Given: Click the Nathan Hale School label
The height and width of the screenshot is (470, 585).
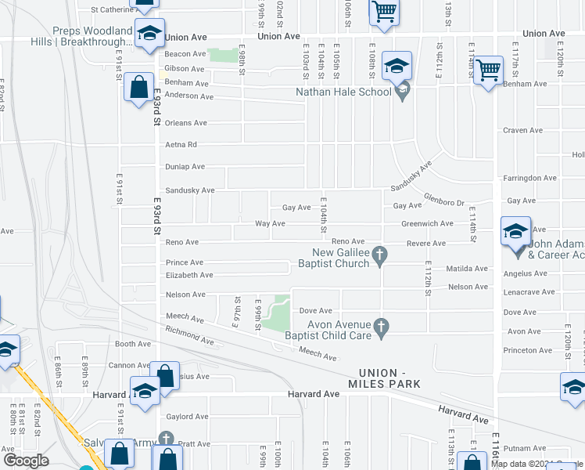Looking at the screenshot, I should pyautogui.click(x=343, y=92).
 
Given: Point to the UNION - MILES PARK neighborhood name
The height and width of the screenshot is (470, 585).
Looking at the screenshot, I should pyautogui.click(x=389, y=378).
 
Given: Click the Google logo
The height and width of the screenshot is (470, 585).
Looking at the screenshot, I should pyautogui.click(x=26, y=460).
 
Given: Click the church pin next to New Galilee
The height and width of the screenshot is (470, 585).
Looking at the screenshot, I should pyautogui.click(x=380, y=254).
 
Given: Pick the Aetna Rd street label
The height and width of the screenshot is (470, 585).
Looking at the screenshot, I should pyautogui.click(x=181, y=145).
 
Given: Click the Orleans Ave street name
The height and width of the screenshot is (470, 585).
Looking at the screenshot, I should pyautogui.click(x=185, y=123).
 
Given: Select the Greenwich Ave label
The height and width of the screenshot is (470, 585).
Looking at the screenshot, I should pyautogui.click(x=427, y=223).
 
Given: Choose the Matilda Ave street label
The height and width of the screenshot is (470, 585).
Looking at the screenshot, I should pyautogui.click(x=467, y=269).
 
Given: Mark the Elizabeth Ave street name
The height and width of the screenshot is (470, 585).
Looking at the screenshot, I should pyautogui.click(x=188, y=275).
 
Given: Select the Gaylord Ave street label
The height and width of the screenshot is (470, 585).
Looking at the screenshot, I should pyautogui.click(x=187, y=417).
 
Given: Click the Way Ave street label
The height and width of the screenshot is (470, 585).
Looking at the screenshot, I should pyautogui.click(x=270, y=224).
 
